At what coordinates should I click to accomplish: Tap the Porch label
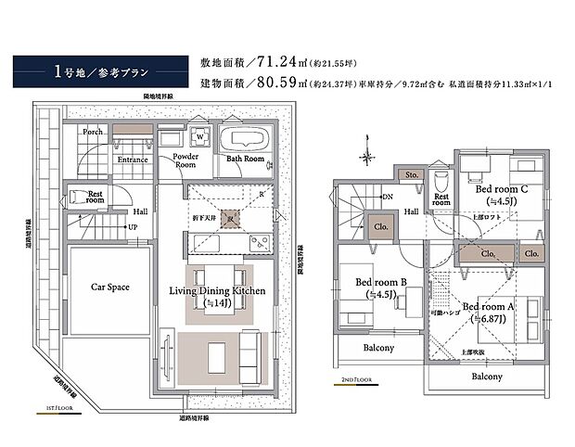point(93,133)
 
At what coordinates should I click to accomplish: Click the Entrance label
point(133,160)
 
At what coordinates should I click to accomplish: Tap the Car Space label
point(110,287)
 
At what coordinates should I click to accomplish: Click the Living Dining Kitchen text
point(217,291)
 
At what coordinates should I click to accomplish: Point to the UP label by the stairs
point(134,227)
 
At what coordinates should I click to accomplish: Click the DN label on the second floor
point(387,197)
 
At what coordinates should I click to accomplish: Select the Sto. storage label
point(409,173)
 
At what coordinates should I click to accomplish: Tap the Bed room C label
point(502,190)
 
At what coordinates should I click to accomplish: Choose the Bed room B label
point(381,282)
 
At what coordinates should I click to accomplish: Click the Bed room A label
point(488,307)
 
